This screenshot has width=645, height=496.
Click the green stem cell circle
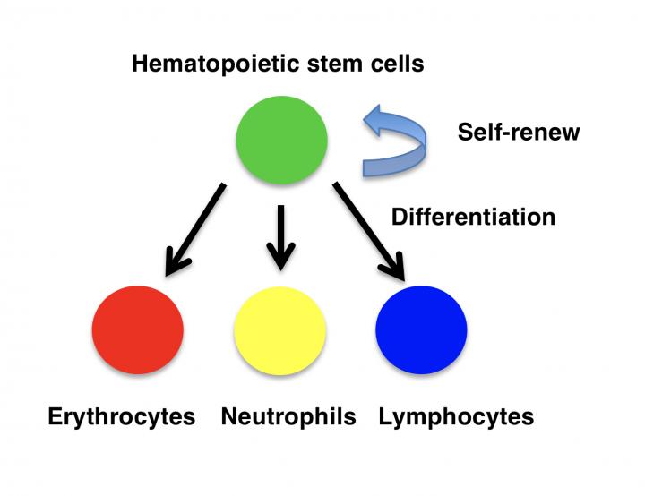[281, 139]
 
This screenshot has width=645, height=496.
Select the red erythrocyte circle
[137, 329]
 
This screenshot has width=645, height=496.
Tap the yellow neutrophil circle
[279, 329]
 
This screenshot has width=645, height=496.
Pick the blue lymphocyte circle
[421, 329]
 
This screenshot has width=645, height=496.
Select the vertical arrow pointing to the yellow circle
[280, 235]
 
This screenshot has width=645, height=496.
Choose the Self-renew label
[519, 133]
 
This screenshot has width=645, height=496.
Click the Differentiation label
[473, 217]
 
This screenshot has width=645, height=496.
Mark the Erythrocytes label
[121, 417]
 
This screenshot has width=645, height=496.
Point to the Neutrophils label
[288, 417]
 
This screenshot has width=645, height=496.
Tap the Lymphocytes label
[456, 417]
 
